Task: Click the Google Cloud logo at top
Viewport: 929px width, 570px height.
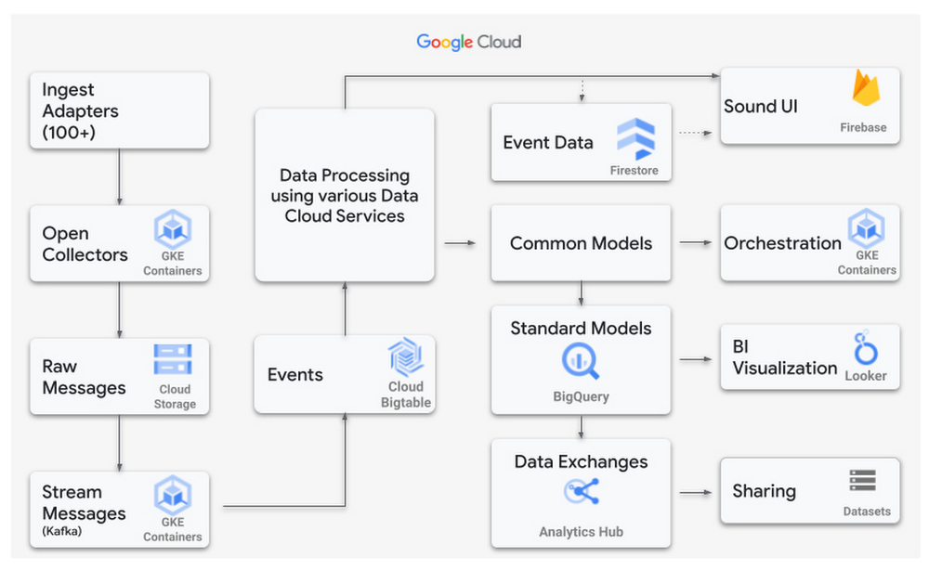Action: (468, 42)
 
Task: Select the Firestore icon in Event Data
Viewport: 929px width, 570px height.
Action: (635, 139)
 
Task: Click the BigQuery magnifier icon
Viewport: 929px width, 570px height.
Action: (581, 359)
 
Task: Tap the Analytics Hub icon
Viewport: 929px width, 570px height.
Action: (581, 493)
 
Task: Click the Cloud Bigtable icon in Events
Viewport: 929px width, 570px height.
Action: (406, 358)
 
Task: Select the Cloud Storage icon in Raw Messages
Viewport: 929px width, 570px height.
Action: (173, 360)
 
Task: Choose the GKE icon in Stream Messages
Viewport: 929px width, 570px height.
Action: (173, 496)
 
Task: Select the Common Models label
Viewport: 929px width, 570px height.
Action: (581, 243)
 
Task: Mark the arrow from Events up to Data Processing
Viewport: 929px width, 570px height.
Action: (345, 308)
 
